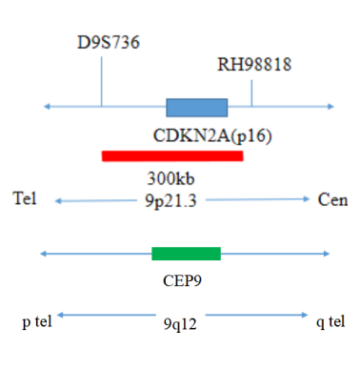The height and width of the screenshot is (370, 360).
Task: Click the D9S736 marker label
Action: pos(109,42)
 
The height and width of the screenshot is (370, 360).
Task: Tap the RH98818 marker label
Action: pos(254,65)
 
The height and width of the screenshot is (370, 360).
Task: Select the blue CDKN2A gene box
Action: pos(197,108)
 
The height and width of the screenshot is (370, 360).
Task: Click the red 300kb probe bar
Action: pos(172,156)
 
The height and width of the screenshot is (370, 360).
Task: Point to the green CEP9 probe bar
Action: pos(186,254)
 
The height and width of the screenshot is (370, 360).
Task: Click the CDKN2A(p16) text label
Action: pos(212,136)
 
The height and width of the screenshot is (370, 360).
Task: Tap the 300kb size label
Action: pos(170,178)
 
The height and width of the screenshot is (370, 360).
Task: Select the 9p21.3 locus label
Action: pos(170,201)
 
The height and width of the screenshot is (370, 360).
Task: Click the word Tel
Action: pos(25,198)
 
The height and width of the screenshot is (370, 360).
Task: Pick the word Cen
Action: pos(332,200)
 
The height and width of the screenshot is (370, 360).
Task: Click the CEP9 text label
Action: pos(182,280)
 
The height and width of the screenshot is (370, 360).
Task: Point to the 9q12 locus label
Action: pos(180,324)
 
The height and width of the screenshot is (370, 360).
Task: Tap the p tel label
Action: pos(37,321)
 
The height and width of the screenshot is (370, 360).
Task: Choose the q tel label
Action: pos(330,321)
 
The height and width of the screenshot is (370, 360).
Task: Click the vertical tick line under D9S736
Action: pos(102,81)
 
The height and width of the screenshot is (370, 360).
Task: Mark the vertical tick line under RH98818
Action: pos(251,93)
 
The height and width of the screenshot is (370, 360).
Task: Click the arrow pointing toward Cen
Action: pos(257,199)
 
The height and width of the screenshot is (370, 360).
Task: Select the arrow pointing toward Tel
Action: pos(95,201)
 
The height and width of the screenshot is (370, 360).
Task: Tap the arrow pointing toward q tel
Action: pos(257,315)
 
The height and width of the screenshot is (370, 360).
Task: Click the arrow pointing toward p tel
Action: pos(107,315)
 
